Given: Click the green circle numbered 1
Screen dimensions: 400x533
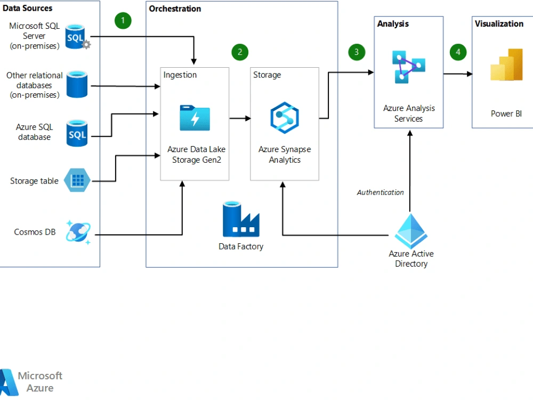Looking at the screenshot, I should (123, 21).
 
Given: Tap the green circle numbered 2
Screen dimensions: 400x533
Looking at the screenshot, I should (240, 52).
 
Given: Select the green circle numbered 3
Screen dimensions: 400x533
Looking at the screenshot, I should (357, 52).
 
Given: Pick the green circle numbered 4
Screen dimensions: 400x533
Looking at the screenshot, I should (458, 52).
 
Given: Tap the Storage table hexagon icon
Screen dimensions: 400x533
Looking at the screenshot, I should (77, 180).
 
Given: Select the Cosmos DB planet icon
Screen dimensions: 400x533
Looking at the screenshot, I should (78, 232).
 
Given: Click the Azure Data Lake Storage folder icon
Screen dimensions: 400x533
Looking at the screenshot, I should (195, 118).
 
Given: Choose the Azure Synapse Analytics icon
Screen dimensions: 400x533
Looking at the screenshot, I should (285, 118).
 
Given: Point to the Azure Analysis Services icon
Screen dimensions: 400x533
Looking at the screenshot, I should (409, 67).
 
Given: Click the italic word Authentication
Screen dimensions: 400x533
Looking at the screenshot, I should (380, 192).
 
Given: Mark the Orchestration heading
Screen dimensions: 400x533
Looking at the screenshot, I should (175, 9).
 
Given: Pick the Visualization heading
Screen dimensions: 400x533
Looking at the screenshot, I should (499, 23).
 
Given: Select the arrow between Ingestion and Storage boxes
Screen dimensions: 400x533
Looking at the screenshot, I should (240, 118).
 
